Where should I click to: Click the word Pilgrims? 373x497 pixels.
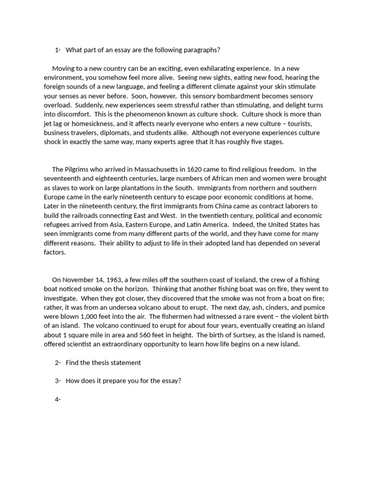click(78, 169)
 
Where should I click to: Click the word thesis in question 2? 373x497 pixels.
click(100, 363)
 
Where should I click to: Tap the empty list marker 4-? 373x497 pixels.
click(58, 399)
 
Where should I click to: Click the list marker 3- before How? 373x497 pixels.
click(58, 381)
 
